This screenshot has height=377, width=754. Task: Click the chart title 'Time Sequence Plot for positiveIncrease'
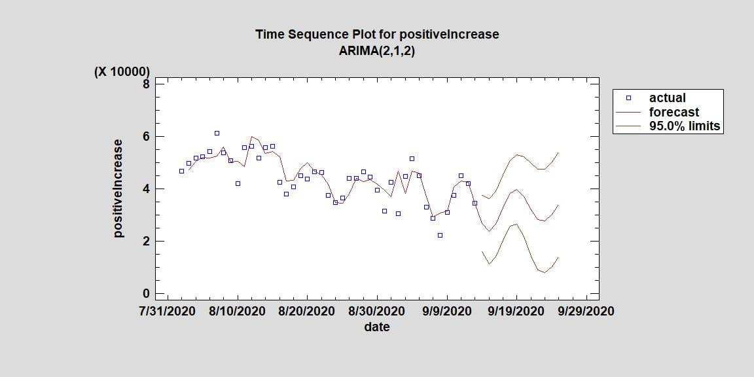click(376, 34)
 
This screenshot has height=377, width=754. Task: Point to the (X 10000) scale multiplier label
click(122, 72)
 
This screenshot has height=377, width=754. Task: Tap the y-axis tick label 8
click(147, 84)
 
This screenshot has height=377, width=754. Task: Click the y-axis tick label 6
click(147, 136)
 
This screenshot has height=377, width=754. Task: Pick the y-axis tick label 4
click(147, 188)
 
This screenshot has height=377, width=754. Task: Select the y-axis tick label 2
click(147, 241)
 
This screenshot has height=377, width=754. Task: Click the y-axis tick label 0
click(147, 293)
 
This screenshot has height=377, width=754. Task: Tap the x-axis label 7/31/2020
click(168, 311)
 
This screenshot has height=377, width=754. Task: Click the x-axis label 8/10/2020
click(238, 311)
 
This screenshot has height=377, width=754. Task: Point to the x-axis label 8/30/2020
click(377, 311)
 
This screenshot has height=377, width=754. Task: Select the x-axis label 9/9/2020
click(446, 311)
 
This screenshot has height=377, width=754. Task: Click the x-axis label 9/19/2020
click(516, 311)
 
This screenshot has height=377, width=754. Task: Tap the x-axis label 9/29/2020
click(586, 311)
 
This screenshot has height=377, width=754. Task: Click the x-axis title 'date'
click(376, 327)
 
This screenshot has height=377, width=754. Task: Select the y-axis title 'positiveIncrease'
click(118, 188)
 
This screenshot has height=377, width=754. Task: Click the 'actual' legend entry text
click(667, 98)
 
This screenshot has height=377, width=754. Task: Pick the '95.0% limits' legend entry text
click(684, 126)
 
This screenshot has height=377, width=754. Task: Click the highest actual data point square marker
click(217, 133)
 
